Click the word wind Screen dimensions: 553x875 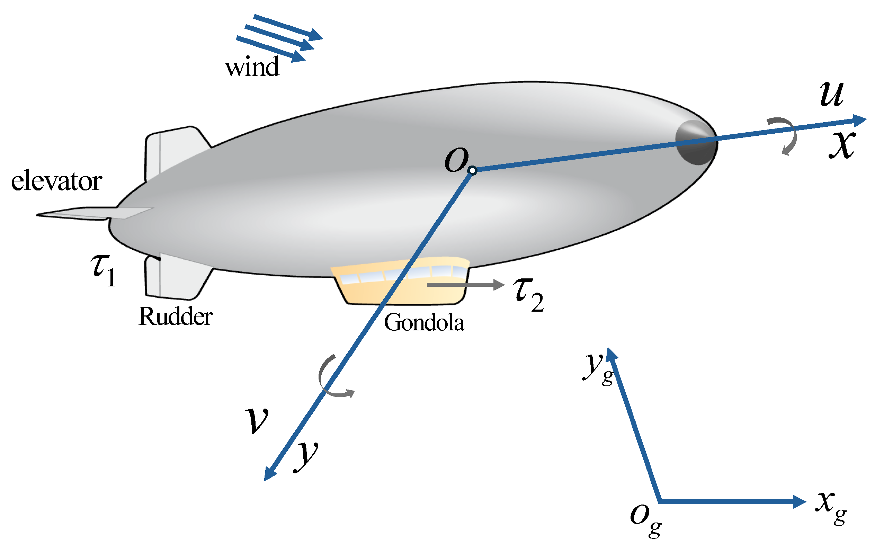(252, 67)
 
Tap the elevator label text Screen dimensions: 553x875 (56, 181)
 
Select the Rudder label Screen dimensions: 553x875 (176, 316)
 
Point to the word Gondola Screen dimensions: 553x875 (424, 322)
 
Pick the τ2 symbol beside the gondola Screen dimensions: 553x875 (528, 293)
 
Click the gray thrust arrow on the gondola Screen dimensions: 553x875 (465, 285)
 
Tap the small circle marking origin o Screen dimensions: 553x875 (472, 170)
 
